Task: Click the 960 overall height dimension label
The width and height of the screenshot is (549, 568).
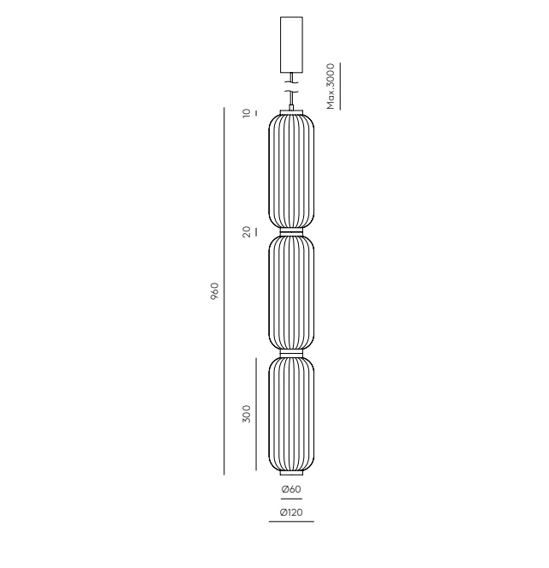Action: click(215, 291)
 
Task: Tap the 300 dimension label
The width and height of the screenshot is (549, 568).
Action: click(247, 414)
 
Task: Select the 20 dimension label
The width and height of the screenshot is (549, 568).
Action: click(247, 232)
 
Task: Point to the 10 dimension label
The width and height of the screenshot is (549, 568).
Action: click(247, 113)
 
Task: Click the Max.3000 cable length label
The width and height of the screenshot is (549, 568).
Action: click(331, 87)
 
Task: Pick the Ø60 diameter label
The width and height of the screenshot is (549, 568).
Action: click(291, 489)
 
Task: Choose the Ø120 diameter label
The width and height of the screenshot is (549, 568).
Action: click(291, 512)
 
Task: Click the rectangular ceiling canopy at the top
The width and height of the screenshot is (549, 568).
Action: click(291, 45)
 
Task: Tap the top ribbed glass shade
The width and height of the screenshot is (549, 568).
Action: click(291, 171)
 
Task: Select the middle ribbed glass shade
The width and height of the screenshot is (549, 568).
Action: click(291, 293)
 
